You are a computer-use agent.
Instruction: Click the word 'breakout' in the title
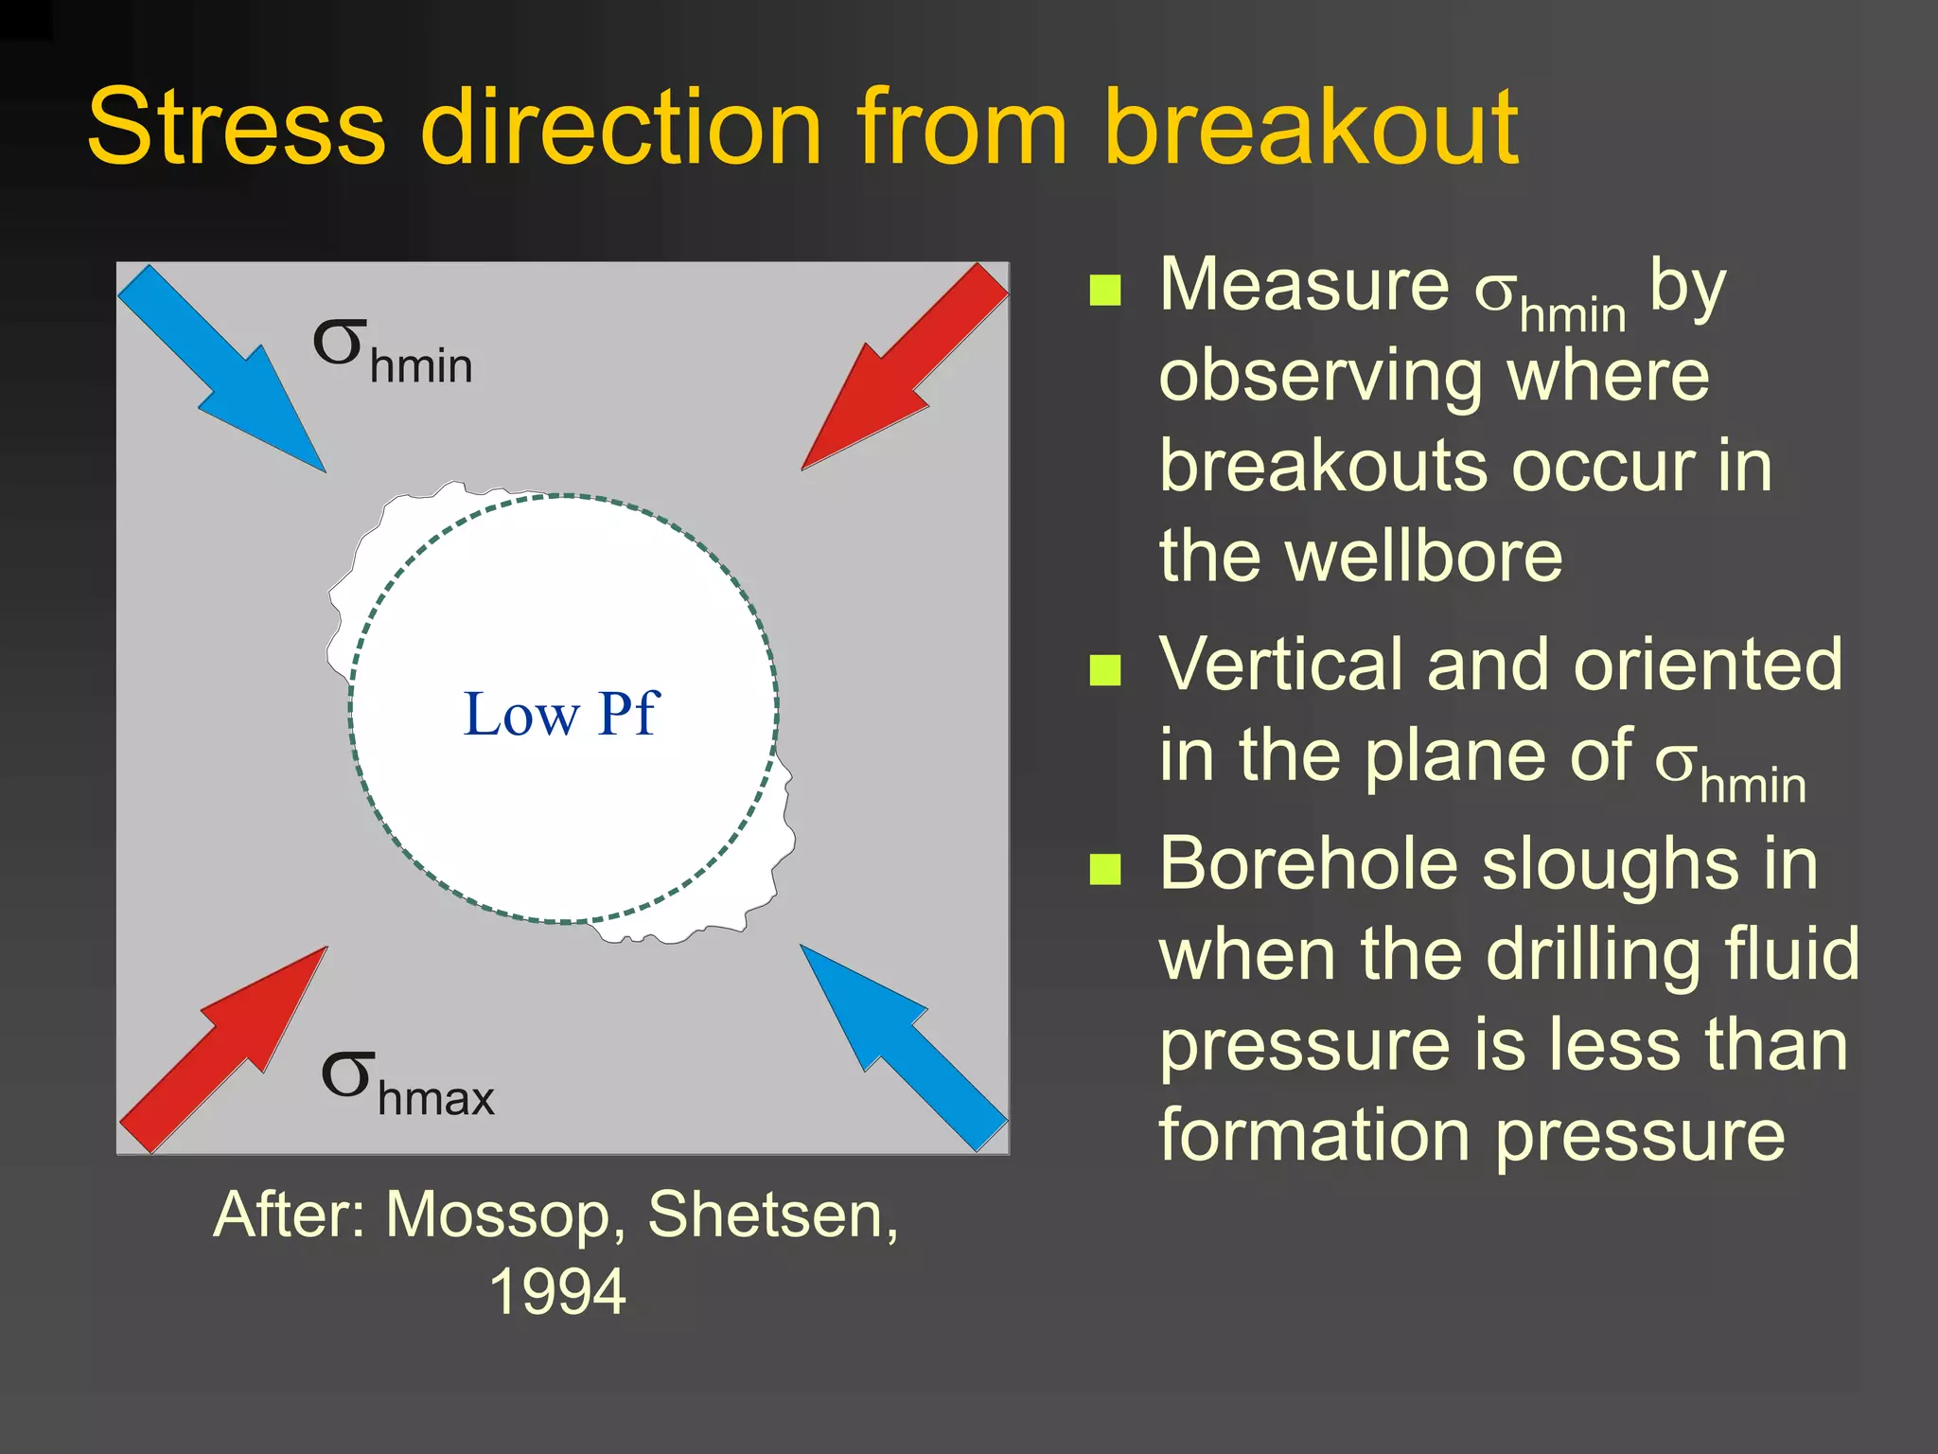pyautogui.click(x=1311, y=128)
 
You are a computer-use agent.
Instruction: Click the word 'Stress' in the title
pyautogui.click(x=237, y=128)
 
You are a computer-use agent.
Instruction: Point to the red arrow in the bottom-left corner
pyautogui.click(x=227, y=1046)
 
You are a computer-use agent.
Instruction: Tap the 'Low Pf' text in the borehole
pyautogui.click(x=560, y=714)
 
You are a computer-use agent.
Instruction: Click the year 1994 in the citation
pyautogui.click(x=557, y=1292)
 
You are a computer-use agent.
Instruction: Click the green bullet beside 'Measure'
pyautogui.click(x=1105, y=292)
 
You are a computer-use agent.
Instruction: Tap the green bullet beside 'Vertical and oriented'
pyautogui.click(x=1105, y=670)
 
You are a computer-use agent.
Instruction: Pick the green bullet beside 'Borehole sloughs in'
pyautogui.click(x=1105, y=869)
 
